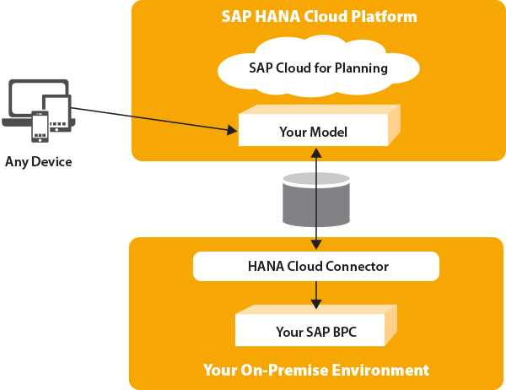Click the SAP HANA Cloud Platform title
coord(319,16)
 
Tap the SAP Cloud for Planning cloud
coord(319,68)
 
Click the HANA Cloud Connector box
coord(316,266)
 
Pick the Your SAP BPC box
coord(316,325)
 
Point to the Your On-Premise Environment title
coord(316,370)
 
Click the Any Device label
coord(39,162)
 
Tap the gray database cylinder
coord(316,199)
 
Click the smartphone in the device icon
coord(40,127)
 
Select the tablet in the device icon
coord(57,113)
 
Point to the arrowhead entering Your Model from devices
coord(232,130)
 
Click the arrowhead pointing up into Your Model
coord(316,153)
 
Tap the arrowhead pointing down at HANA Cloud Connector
coord(316,244)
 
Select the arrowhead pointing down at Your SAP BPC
coord(316,304)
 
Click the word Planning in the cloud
coord(361,68)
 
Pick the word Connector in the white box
coord(357,267)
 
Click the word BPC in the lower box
coord(344,332)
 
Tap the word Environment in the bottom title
coord(380,370)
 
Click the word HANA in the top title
coord(277,17)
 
